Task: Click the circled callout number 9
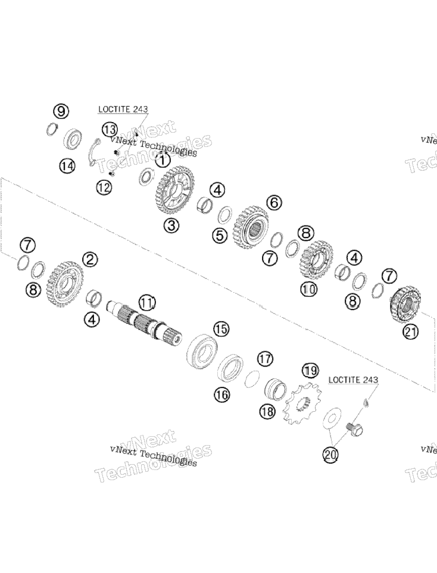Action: [61, 111]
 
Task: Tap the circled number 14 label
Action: [67, 167]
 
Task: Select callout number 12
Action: [104, 187]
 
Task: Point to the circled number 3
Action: [171, 226]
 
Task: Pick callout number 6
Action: [274, 202]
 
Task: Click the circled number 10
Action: [308, 289]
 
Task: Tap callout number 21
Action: [410, 332]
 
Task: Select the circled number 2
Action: [90, 259]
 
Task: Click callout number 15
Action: [221, 329]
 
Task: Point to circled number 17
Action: [265, 359]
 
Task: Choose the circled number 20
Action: [330, 455]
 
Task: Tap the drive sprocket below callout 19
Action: [303, 403]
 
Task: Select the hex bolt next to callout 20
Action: [354, 428]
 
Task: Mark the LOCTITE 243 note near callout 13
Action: [123, 109]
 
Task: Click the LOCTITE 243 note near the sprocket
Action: [353, 380]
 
